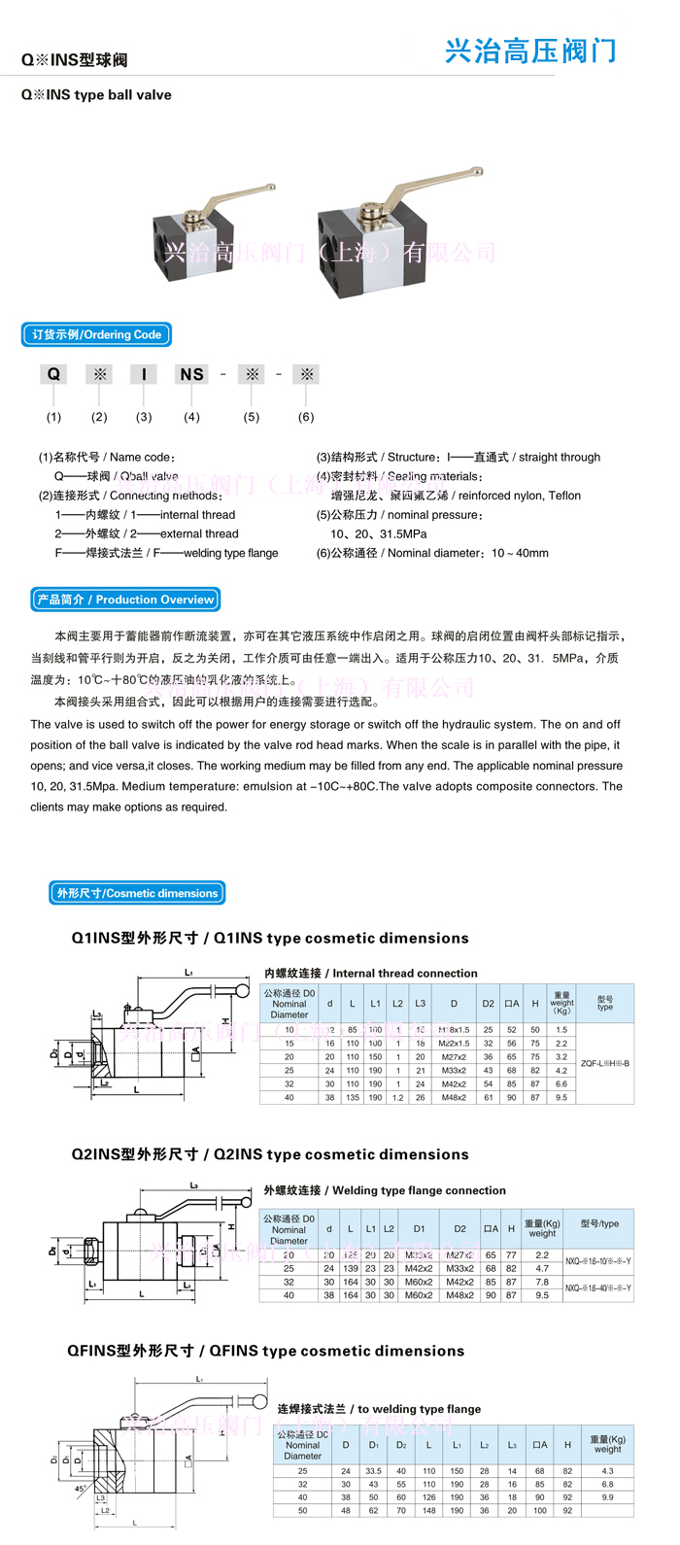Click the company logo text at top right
pyautogui.click(x=530, y=51)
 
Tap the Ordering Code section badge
pyautogui.click(x=96, y=335)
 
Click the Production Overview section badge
pyautogui.click(x=125, y=600)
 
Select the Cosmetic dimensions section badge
pyautogui.click(x=137, y=893)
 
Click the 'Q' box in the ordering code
pyautogui.click(x=53, y=374)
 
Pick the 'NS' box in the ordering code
pyautogui.click(x=191, y=374)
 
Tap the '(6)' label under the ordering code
pyautogui.click(x=306, y=417)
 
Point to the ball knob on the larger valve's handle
pyautogui.click(x=476, y=171)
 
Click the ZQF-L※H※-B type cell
pyautogui.click(x=604, y=1063)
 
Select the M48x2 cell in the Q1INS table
pyautogui.click(x=454, y=1097)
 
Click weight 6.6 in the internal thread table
pyautogui.click(x=561, y=1083)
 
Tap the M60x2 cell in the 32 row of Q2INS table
pyautogui.click(x=419, y=1282)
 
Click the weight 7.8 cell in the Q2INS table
pyautogui.click(x=542, y=1282)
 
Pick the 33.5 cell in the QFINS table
pyautogui.click(x=373, y=1471)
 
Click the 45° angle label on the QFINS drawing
pyautogui.click(x=81, y=1489)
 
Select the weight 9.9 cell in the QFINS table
pyautogui.click(x=607, y=1497)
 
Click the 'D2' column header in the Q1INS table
pyautogui.click(x=488, y=1004)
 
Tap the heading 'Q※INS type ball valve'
pyautogui.click(x=96, y=95)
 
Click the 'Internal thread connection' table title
pyautogui.click(x=371, y=973)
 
